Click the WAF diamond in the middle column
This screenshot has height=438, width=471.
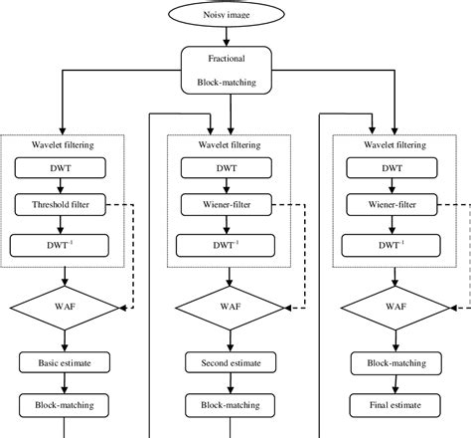(230, 306)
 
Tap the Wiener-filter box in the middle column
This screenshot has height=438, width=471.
(230, 206)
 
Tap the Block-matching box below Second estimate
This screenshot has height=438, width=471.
(230, 405)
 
